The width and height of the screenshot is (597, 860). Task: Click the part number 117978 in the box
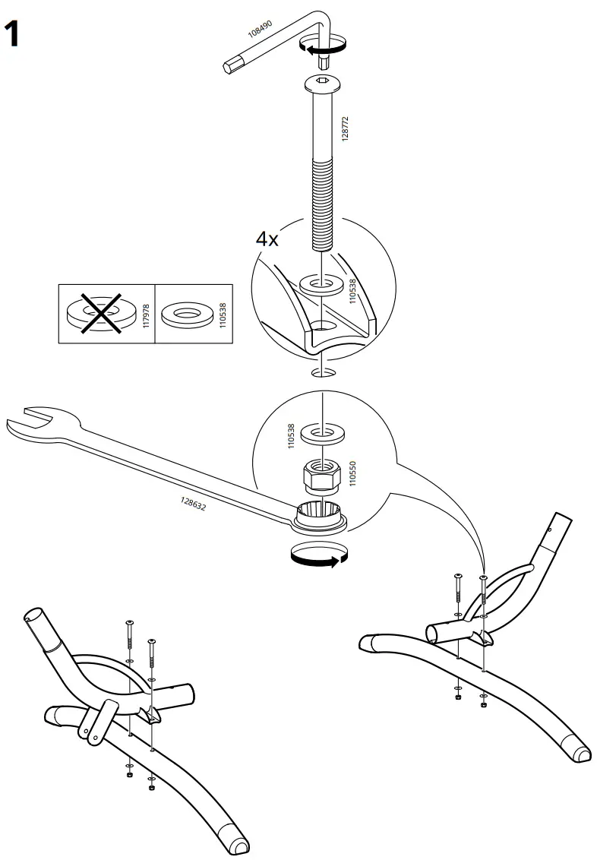147,314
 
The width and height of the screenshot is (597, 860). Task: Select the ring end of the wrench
320,517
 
